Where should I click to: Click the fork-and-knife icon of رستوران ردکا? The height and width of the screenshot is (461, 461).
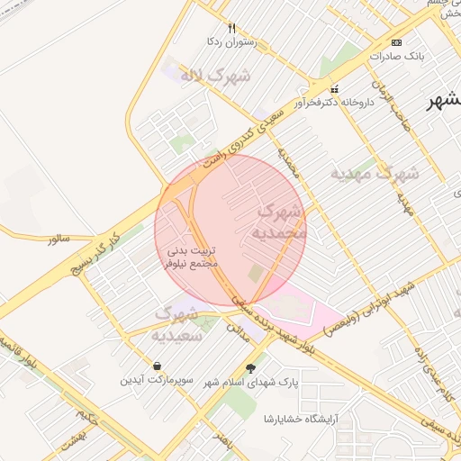(231, 28)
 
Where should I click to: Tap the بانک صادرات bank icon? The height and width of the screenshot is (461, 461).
(397, 43)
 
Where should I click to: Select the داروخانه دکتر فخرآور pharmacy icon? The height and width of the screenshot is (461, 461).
(335, 89)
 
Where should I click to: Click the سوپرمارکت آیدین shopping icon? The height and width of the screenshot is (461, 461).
(158, 366)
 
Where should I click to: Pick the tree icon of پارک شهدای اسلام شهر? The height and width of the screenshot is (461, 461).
(250, 367)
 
